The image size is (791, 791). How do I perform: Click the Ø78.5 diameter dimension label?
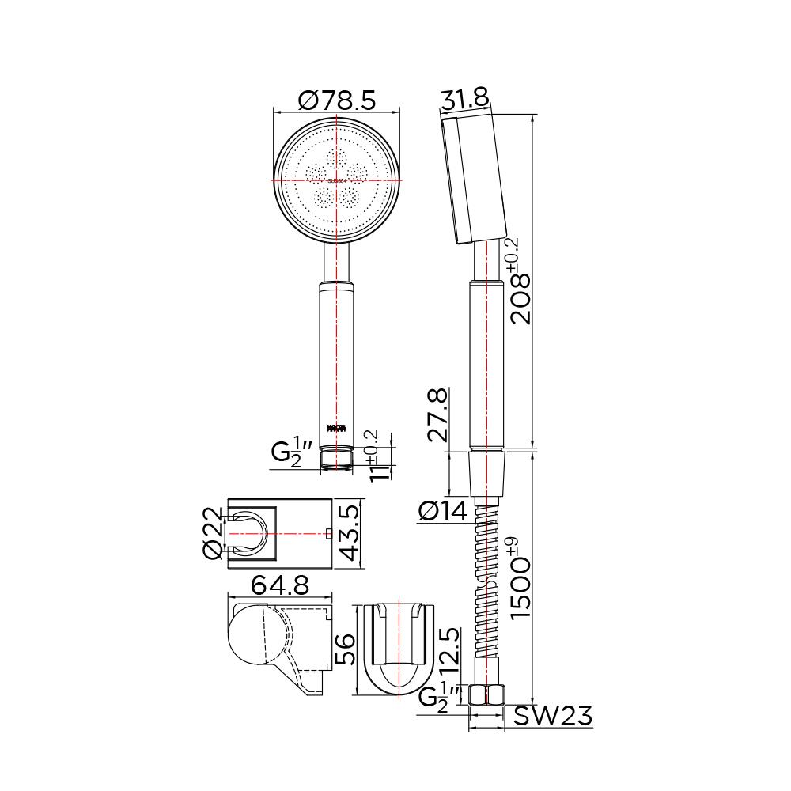tap(336, 100)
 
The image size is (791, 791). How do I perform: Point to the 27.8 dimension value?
tap(437, 414)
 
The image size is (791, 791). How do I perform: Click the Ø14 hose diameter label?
tap(443, 513)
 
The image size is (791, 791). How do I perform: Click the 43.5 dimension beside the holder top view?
tap(350, 534)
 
